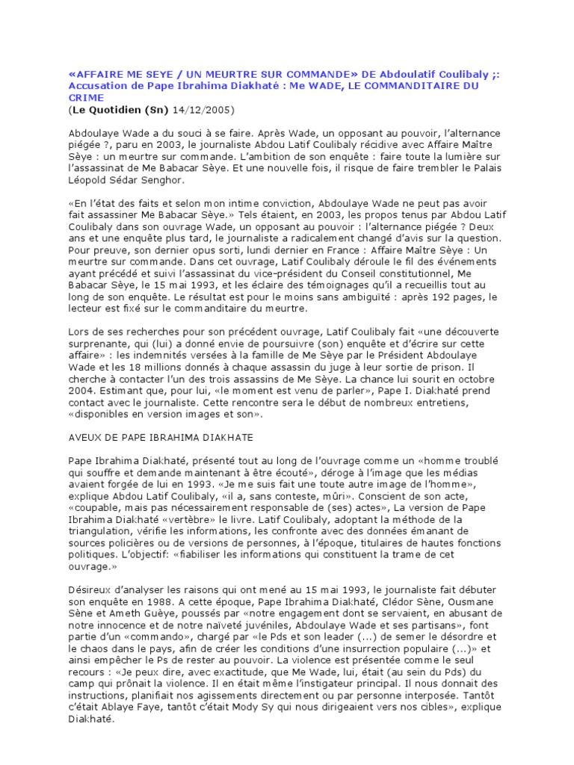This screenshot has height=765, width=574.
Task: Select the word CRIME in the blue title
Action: pos(84,98)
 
